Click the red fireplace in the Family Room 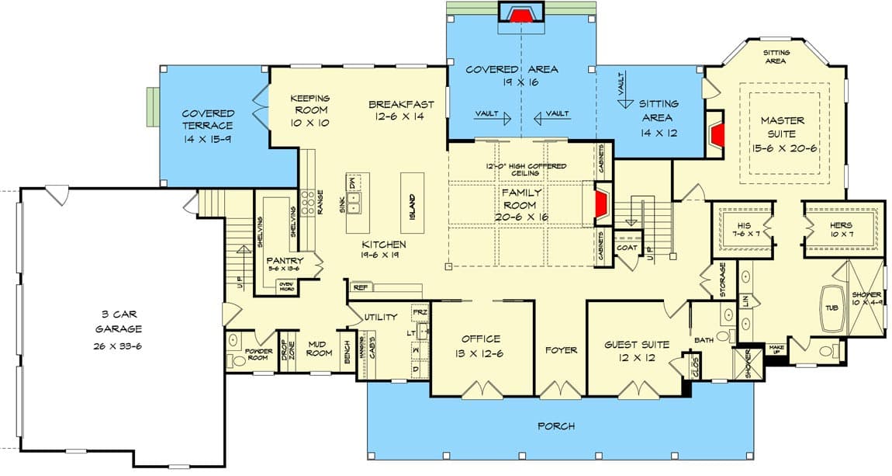tap(600, 204)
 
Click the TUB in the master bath tap(830, 307)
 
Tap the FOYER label tap(561, 350)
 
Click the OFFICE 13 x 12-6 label tap(481, 345)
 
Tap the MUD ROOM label tap(318, 347)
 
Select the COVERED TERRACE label tap(208, 126)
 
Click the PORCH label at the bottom tap(557, 426)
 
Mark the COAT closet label tap(627, 248)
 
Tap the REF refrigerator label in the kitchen tap(360, 287)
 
